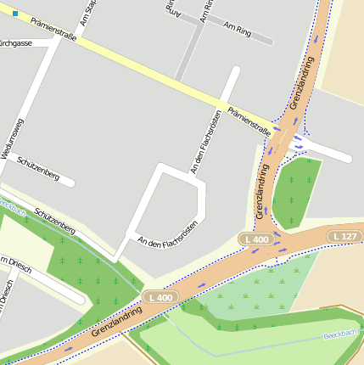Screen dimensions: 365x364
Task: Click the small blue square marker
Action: [x=14, y=14]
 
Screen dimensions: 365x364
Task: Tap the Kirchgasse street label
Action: [x=16, y=42]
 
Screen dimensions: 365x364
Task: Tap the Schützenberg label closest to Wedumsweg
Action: [x=37, y=169]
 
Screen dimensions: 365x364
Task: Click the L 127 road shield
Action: [x=344, y=235]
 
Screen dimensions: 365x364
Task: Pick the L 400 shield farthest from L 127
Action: [x=159, y=297]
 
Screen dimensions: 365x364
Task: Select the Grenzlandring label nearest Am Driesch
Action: [x=115, y=323]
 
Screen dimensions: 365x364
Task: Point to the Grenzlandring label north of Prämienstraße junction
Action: [x=302, y=82]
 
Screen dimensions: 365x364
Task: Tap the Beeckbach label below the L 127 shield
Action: [x=343, y=336]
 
